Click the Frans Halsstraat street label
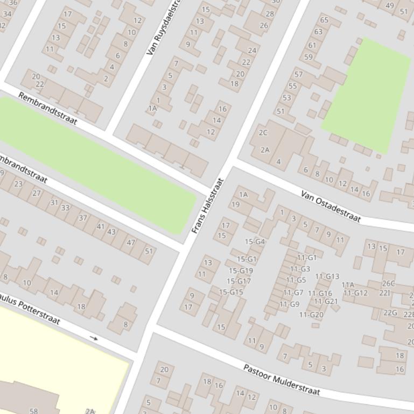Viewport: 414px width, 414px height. (x=207, y=205)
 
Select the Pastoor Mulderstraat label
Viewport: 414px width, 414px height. (x=282, y=380)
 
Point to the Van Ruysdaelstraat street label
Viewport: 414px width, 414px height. (x=164, y=28)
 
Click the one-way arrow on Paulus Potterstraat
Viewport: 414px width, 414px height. (x=94, y=338)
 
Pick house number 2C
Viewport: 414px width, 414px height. (x=263, y=132)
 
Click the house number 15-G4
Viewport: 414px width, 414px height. (x=255, y=241)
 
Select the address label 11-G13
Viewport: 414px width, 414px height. (x=327, y=276)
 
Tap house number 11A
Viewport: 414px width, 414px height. (x=348, y=285)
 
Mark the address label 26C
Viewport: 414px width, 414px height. (x=388, y=283)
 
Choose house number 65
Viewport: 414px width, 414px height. (x=324, y=20)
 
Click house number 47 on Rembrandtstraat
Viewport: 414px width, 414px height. (x=131, y=242)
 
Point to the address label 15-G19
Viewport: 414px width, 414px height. (x=241, y=270)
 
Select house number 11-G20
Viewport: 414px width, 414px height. (x=311, y=315)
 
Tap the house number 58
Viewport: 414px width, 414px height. (x=33, y=411)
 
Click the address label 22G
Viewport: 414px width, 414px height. (x=390, y=312)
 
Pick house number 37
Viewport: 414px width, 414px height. (x=82, y=218)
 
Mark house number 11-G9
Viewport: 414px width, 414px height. (x=289, y=304)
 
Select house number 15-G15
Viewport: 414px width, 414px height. (x=231, y=292)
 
